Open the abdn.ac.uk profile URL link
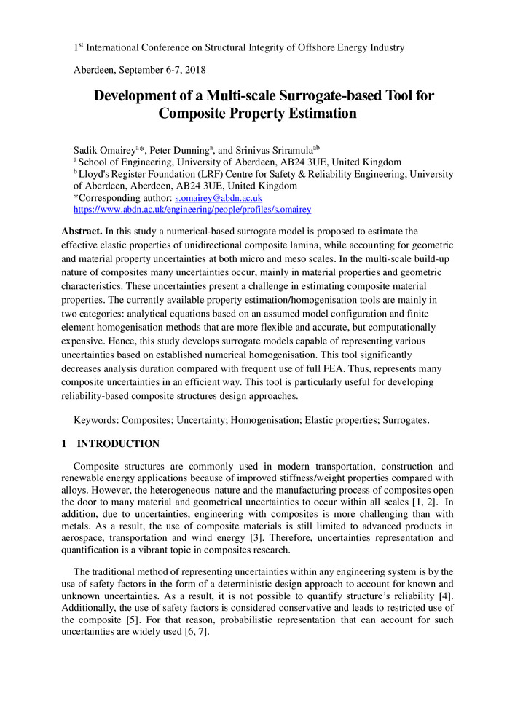point(193,210)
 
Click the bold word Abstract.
point(82,231)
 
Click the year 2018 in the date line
point(194,71)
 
